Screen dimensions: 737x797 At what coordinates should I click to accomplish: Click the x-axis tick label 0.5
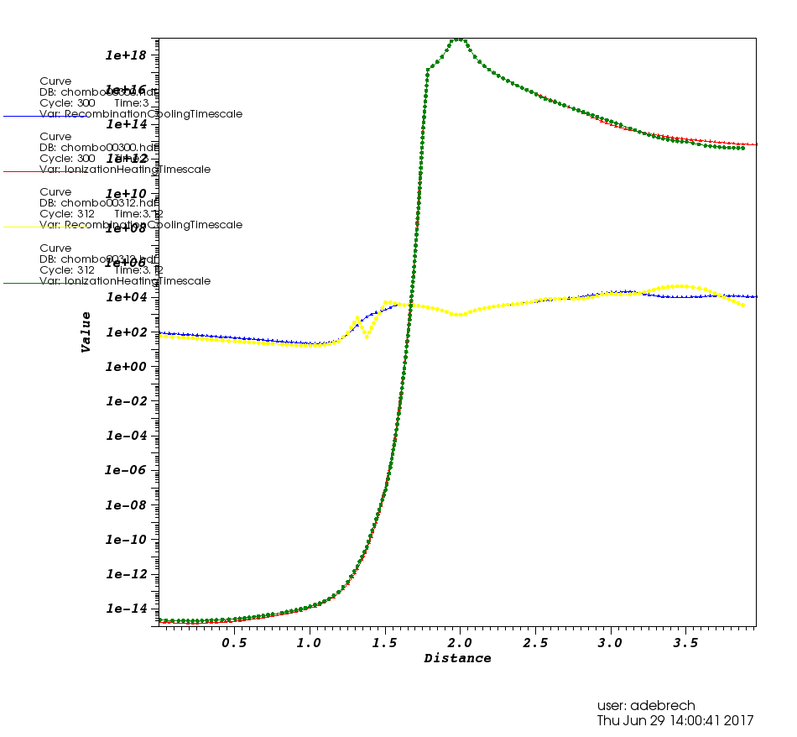point(234,643)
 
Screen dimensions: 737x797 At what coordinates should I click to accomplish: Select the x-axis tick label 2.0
point(461,643)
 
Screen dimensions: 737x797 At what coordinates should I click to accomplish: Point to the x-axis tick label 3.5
point(686,643)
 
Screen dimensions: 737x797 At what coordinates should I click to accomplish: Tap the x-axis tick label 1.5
point(385,643)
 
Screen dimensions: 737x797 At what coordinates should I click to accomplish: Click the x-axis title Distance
point(457,659)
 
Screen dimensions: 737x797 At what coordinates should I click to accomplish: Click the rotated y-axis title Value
point(86,332)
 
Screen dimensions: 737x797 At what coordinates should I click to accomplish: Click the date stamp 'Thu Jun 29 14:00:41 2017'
point(675,721)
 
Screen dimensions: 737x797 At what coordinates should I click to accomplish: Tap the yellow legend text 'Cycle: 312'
point(67,214)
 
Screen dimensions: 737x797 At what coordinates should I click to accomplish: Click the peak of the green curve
point(458,39)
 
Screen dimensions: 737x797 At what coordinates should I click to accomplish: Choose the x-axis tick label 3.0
point(611,643)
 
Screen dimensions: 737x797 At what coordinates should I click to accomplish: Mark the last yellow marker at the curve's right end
point(742,305)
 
